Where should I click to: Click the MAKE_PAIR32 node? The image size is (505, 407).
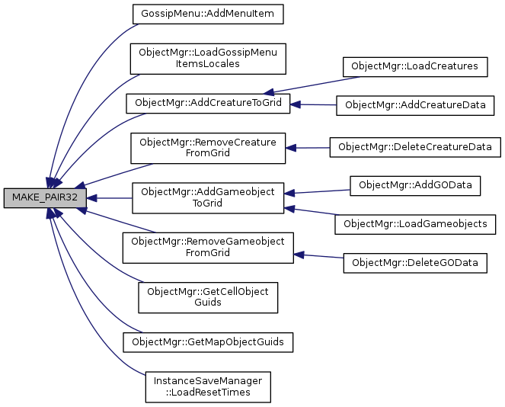[45, 197]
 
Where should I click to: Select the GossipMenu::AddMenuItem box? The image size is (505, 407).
[207, 14]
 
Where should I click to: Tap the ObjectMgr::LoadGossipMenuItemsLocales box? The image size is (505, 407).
[208, 58]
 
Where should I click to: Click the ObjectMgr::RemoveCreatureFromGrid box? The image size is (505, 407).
[208, 147]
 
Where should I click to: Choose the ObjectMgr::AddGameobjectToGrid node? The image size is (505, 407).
[207, 197]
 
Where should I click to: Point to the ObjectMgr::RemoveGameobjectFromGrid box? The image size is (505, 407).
[208, 247]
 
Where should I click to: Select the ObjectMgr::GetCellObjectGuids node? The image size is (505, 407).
[208, 297]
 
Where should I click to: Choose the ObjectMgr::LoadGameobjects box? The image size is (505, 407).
[415, 224]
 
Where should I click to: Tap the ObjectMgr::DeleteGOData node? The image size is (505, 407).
[415, 263]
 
